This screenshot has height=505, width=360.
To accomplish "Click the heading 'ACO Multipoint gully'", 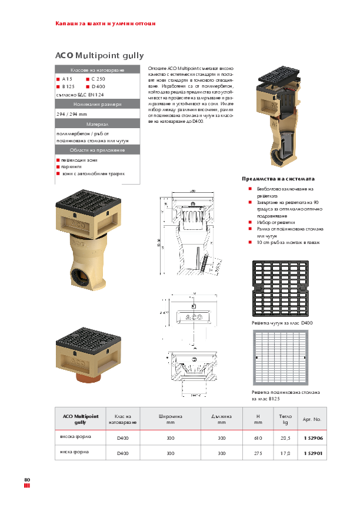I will pyautogui.click(x=99, y=55).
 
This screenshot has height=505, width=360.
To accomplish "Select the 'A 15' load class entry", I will pyautogui.click(x=66, y=79).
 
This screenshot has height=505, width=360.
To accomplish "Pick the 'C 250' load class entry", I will pyautogui.click(x=98, y=79).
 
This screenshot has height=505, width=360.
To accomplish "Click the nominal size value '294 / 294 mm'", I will pyautogui.click(x=71, y=114).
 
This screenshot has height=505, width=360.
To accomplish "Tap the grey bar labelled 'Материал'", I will pyautogui.click(x=97, y=125).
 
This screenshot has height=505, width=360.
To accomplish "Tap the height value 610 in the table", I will pyautogui.click(x=258, y=438).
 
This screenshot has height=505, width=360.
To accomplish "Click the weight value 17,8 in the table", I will pyautogui.click(x=285, y=453).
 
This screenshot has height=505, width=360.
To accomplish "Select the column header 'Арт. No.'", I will pyautogui.click(x=311, y=419).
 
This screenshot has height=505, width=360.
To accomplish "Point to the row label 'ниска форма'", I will pyautogui.click(x=74, y=453).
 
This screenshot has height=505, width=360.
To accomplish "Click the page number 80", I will pyautogui.click(x=27, y=479).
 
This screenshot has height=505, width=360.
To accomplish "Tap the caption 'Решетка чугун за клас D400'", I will pyautogui.click(x=282, y=323).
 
